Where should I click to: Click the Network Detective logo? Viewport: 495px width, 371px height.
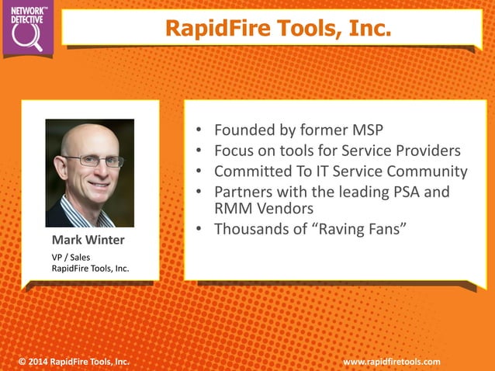point(29,28)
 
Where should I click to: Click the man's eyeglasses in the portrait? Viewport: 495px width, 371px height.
point(93,161)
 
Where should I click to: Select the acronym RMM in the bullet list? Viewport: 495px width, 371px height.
point(232,208)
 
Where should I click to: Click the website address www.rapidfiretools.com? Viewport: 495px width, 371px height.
point(392,362)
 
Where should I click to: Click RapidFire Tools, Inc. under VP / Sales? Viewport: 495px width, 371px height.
point(90,268)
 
